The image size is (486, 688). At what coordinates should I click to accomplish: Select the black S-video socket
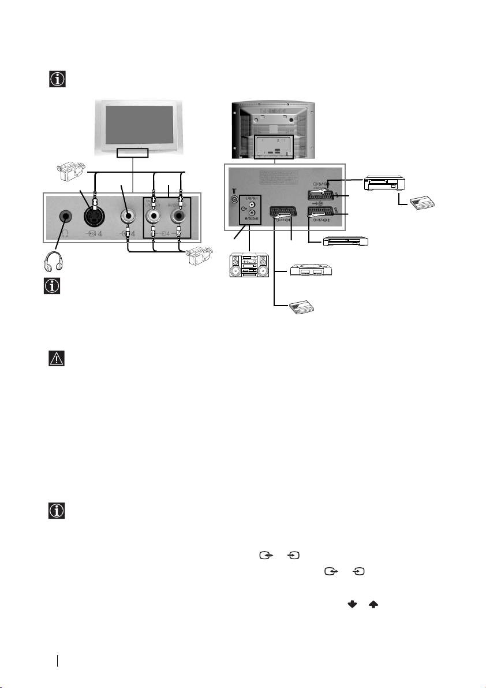94,217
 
